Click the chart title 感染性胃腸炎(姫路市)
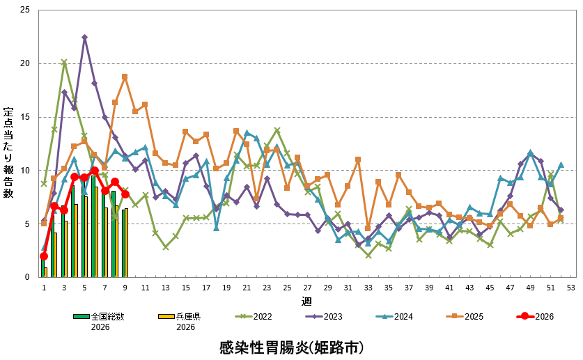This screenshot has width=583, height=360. (x=291, y=346)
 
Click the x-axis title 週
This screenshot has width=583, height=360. (x=306, y=301)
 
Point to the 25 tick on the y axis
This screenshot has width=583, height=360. (x=25, y=10)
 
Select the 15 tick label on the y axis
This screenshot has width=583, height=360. (x=25, y=117)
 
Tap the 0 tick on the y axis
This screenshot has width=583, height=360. (x=27, y=277)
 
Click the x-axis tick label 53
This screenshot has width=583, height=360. (x=570, y=288)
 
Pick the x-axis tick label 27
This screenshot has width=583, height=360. (x=307, y=288)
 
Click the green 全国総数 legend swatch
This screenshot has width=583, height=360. (x=81, y=316)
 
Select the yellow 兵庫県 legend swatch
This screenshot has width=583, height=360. (x=166, y=316)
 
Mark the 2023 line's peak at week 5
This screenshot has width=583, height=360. (x=84, y=37)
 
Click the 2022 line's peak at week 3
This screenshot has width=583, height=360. (x=64, y=62)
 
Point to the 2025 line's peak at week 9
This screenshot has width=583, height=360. (x=125, y=77)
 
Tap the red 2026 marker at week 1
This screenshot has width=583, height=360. (x=44, y=256)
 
